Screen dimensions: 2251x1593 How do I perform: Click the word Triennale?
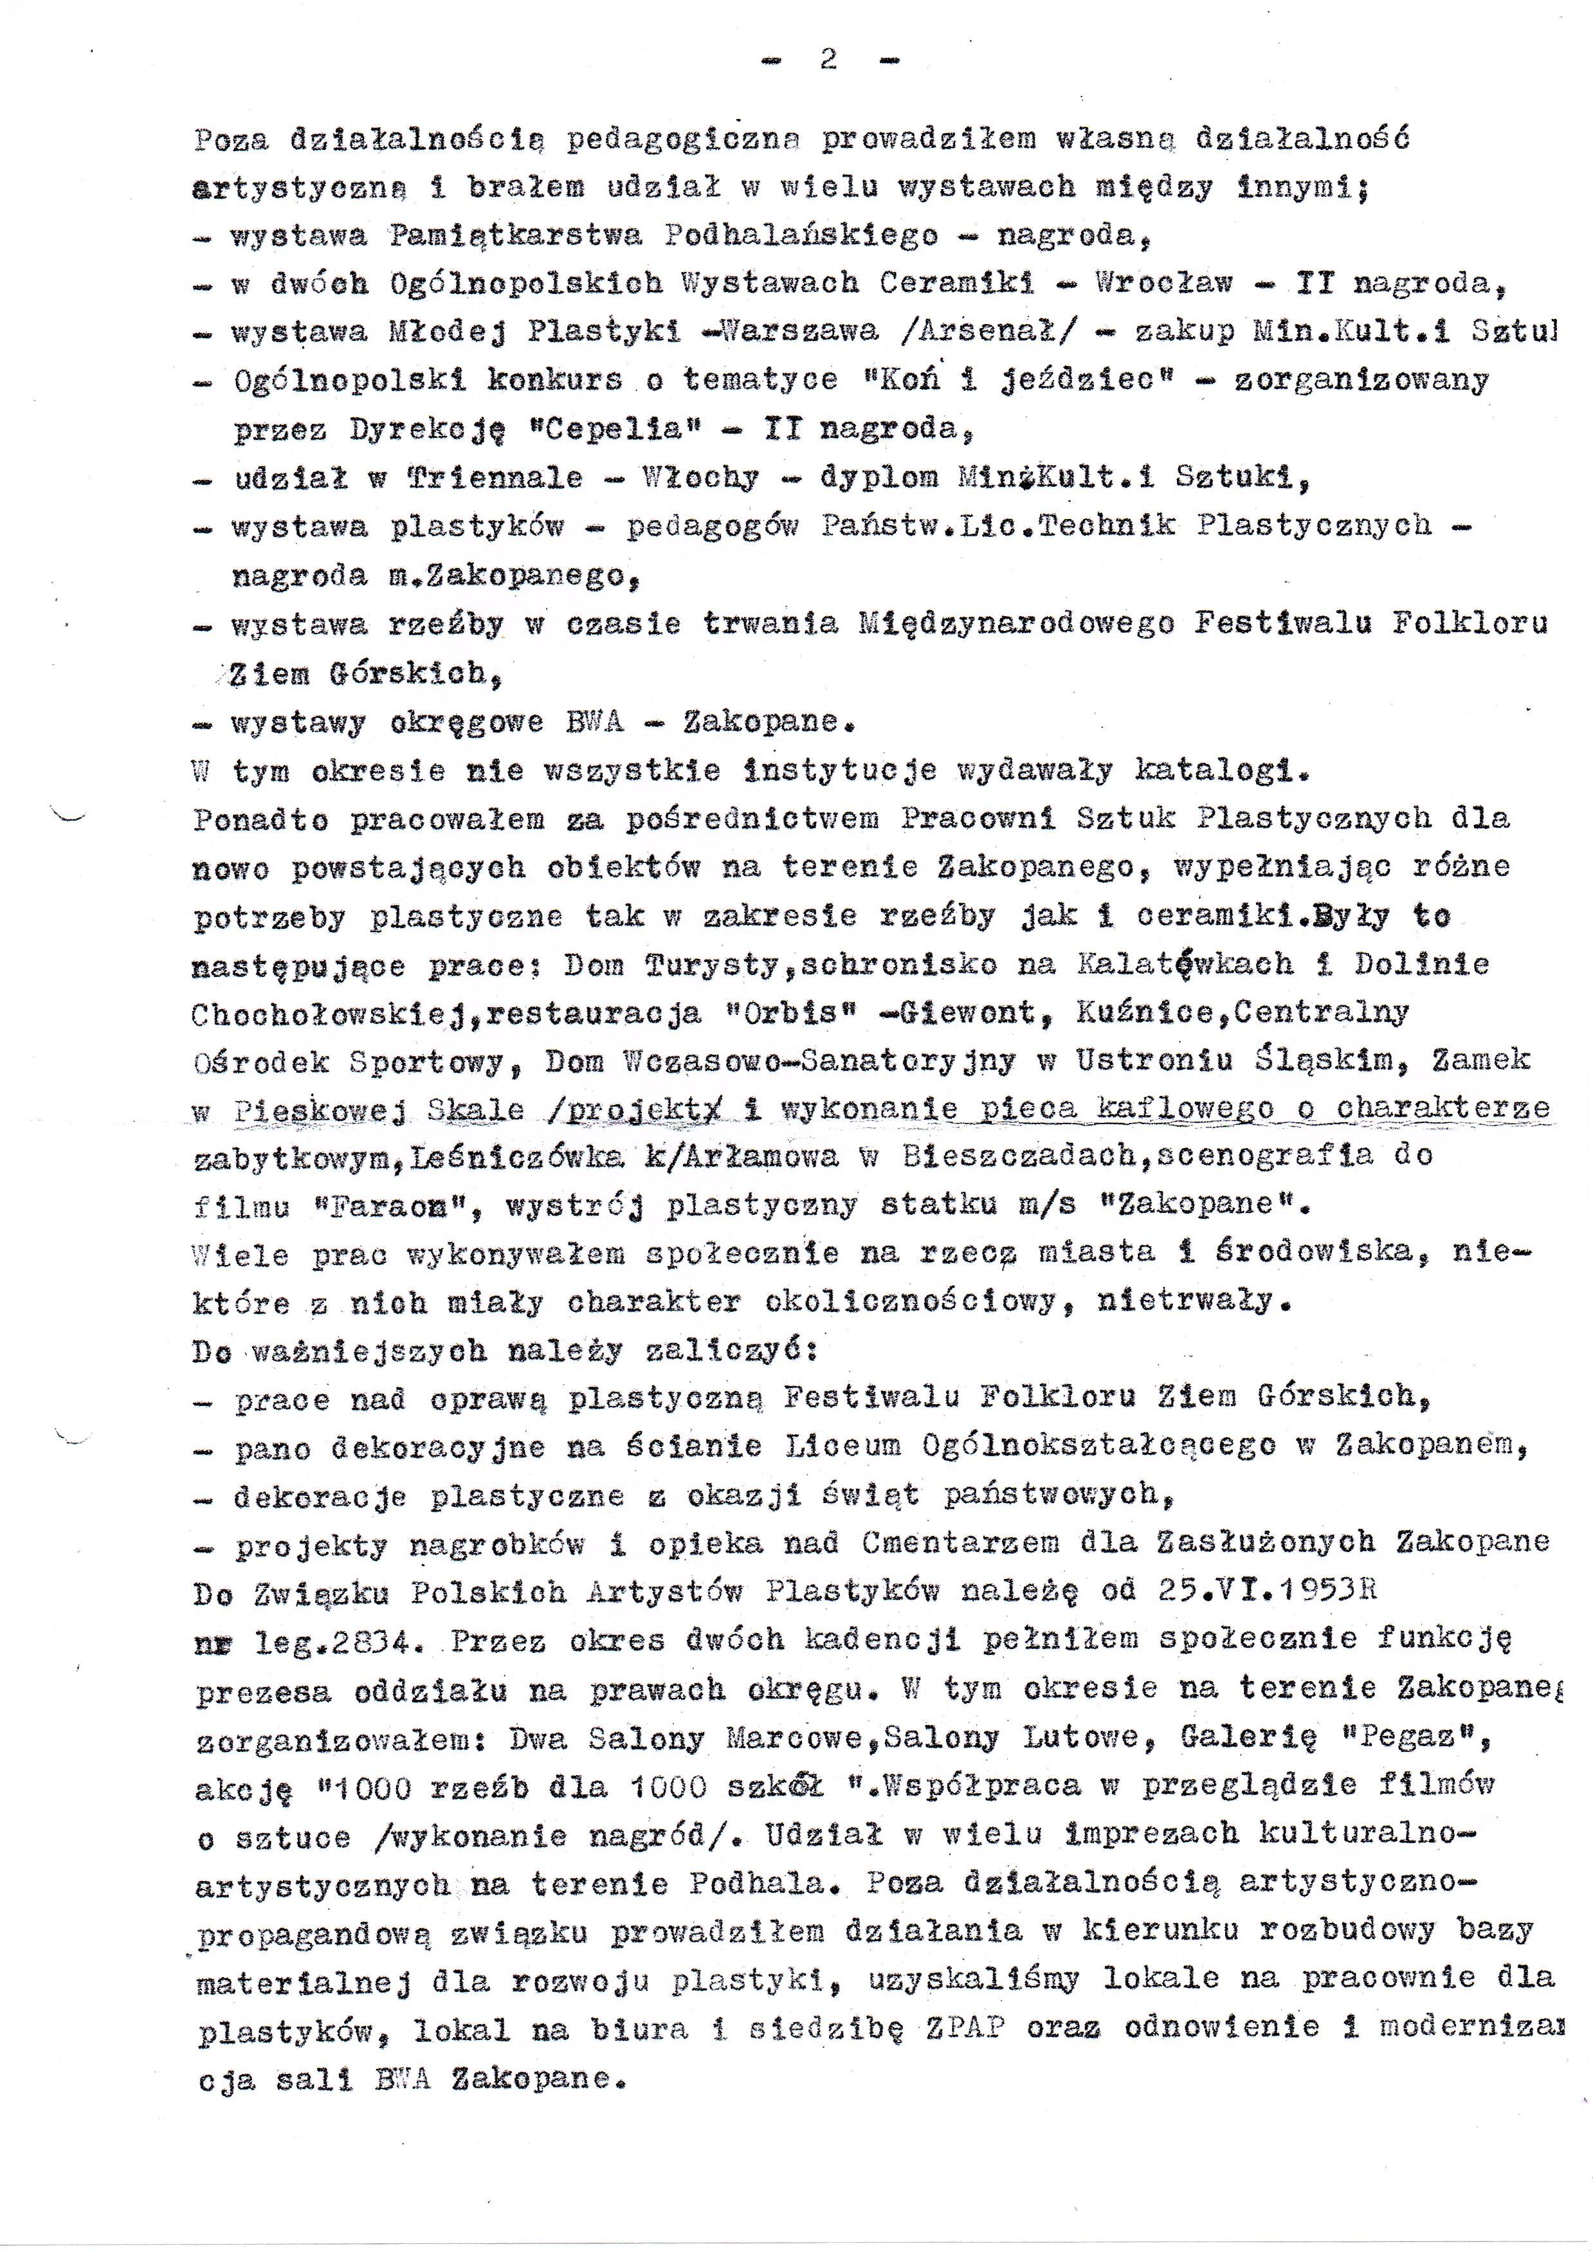pyautogui.click(x=495, y=478)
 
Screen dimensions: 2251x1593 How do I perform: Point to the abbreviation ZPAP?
pyautogui.click(x=966, y=2028)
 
